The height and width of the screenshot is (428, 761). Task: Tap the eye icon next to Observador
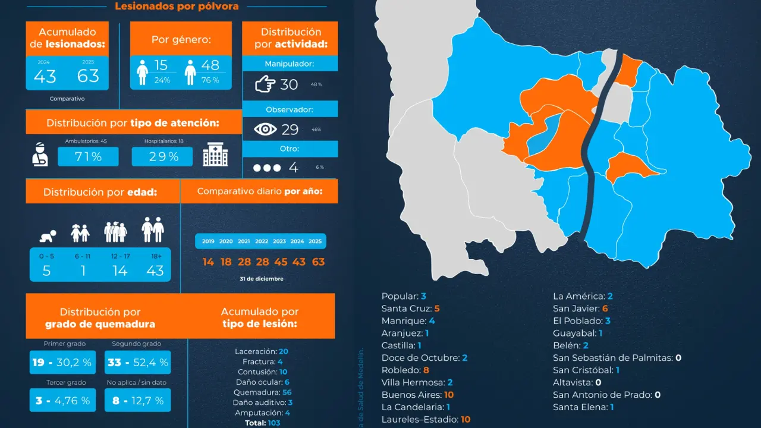click(x=266, y=129)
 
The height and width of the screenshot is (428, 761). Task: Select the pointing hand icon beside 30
click(x=265, y=84)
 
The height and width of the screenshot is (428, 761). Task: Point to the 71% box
click(x=88, y=157)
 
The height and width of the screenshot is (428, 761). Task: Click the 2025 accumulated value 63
click(x=88, y=76)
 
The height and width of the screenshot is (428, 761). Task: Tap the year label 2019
click(x=208, y=241)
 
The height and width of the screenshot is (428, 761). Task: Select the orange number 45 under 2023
click(x=279, y=262)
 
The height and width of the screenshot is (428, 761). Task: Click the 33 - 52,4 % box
click(x=137, y=362)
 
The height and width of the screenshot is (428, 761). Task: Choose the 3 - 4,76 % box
click(x=62, y=401)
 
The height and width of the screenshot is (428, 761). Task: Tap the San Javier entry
click(x=580, y=308)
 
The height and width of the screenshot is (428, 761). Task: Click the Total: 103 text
click(x=262, y=423)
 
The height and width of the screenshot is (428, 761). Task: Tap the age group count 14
click(x=120, y=271)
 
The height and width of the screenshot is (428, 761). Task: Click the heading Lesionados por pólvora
click(x=177, y=7)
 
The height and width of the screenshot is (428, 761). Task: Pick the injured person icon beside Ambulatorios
click(x=40, y=154)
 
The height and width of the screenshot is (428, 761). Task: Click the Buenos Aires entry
click(x=418, y=395)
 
